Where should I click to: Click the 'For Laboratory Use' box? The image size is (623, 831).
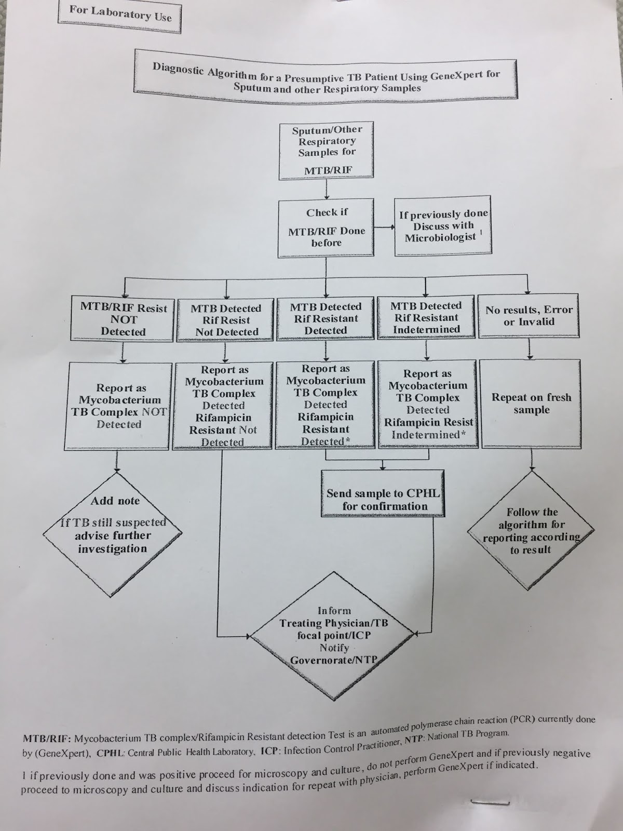120,16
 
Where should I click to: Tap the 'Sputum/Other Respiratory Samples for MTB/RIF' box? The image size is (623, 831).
327,150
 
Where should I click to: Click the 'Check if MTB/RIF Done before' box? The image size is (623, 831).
327,227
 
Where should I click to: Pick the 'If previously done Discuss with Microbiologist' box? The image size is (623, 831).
443,226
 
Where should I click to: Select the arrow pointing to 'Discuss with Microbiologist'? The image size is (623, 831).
384,227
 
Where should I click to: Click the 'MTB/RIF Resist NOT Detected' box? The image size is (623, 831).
123,319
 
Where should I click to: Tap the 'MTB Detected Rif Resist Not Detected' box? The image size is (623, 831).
225,320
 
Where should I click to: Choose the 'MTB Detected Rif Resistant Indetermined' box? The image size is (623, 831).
426,317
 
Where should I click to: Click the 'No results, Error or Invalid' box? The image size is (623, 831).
529,316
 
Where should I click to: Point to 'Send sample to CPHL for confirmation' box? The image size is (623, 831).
383,493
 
